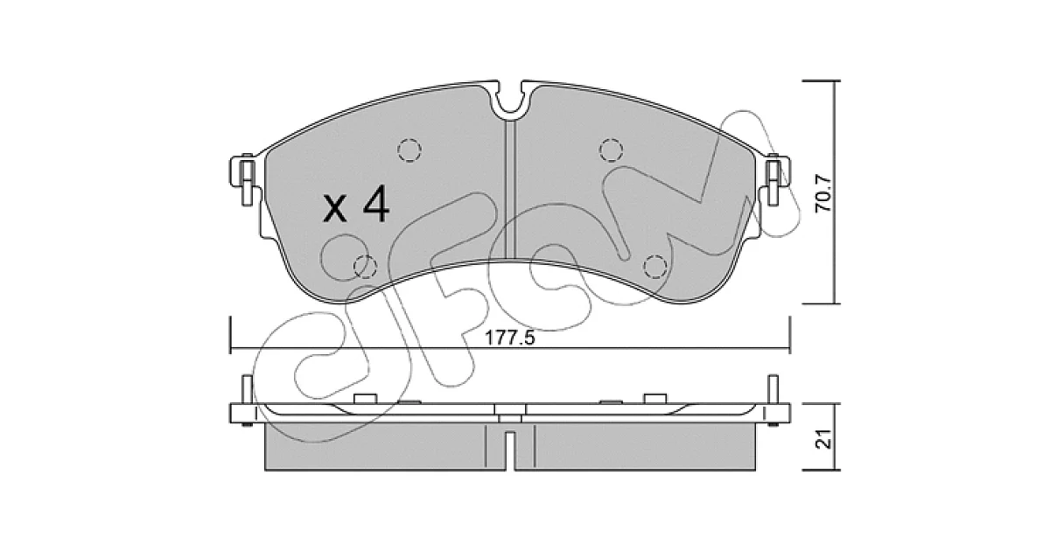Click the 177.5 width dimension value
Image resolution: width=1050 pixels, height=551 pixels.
tap(509, 338)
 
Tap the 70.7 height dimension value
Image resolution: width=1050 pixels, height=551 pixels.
tap(822, 193)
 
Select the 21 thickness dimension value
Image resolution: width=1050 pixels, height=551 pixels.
tap(822, 439)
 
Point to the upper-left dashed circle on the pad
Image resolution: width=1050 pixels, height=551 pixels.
tap(409, 150)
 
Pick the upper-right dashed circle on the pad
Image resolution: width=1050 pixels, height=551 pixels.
tap(611, 150)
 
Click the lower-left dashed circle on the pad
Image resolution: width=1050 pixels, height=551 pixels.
tap(365, 267)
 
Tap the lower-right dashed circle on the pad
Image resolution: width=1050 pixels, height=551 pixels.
tap(654, 267)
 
